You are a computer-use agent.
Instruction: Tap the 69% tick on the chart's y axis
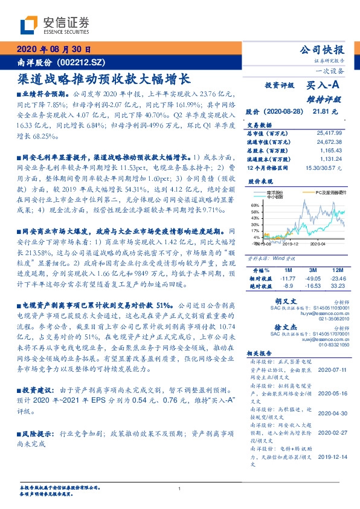coord(254,206)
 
